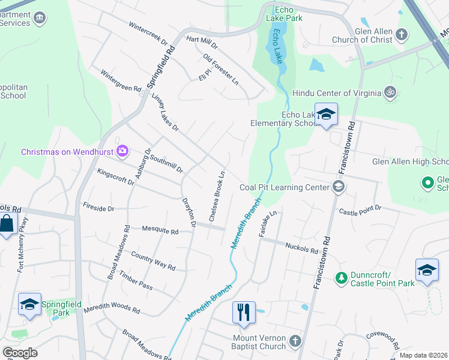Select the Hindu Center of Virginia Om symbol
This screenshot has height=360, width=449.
pos(390,93)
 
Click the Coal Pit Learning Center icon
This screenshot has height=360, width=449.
pos(339,187)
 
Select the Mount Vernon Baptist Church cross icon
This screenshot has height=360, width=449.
pos(295,341)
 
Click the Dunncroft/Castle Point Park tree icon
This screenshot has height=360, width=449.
pos(341,277)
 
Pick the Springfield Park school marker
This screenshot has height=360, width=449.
pos(29,304)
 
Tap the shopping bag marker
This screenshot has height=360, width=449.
pos(7,224)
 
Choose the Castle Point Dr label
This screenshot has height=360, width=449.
pos(360,209)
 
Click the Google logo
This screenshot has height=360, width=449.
pos(20,353)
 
